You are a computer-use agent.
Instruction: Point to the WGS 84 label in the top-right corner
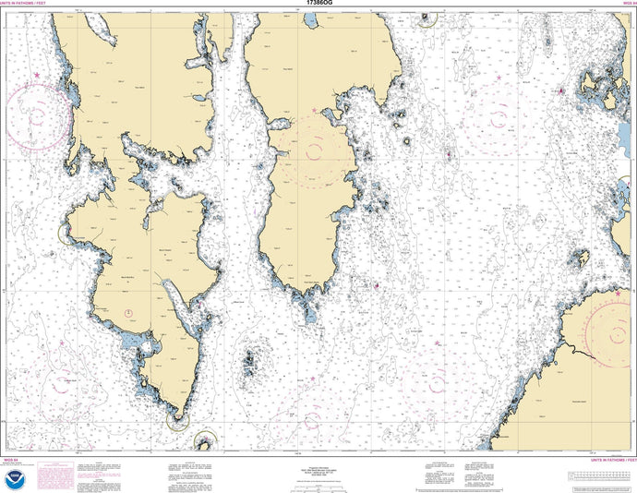point(625,5)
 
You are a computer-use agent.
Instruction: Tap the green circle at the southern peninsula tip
point(177,420)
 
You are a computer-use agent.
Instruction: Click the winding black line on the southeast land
point(582,349)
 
